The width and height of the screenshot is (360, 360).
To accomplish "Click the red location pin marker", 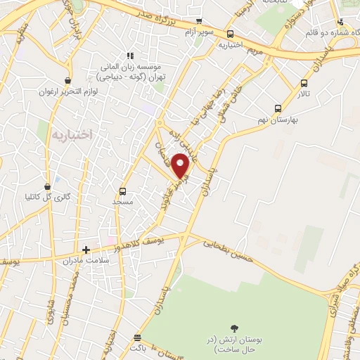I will [x=181, y=165].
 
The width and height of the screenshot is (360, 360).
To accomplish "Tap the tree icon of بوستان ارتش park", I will [x=233, y=328].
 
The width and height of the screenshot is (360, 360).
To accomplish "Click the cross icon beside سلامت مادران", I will [x=86, y=250].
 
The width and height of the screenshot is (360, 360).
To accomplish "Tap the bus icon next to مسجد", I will [x=123, y=191].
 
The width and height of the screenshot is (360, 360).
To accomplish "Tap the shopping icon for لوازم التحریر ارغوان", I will [x=67, y=80].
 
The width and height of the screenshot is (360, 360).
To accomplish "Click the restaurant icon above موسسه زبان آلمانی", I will [x=129, y=56].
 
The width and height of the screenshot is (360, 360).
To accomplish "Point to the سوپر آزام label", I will [x=199, y=32].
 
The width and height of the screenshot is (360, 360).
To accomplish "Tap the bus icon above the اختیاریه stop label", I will [x=231, y=34].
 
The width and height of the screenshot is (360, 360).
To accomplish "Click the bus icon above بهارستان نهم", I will [x=278, y=109].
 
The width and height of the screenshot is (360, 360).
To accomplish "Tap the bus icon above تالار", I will [x=304, y=83].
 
